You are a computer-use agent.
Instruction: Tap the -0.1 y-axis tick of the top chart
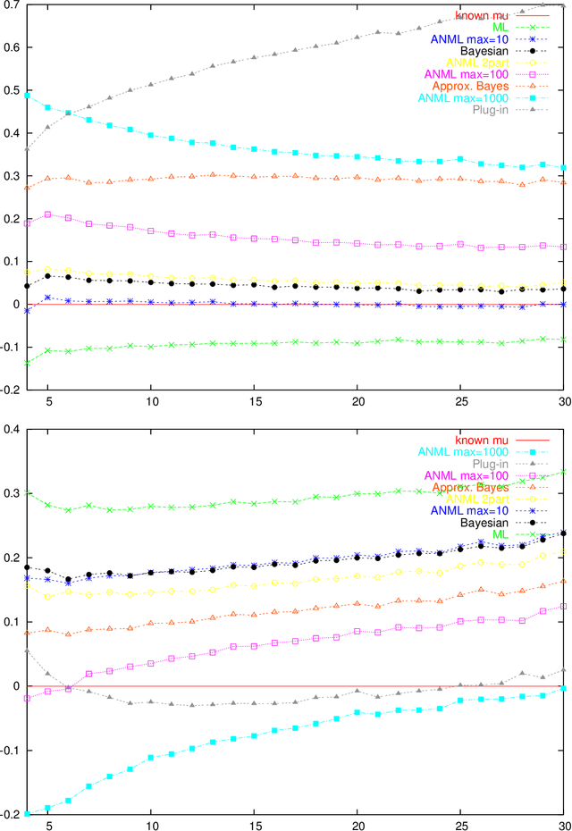click(13, 347)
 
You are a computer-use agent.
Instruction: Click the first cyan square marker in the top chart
click(28, 95)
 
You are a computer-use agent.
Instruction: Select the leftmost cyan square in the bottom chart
click(28, 813)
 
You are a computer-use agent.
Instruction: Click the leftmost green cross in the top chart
click(28, 362)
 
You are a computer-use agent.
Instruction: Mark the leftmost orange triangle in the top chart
click(28, 188)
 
